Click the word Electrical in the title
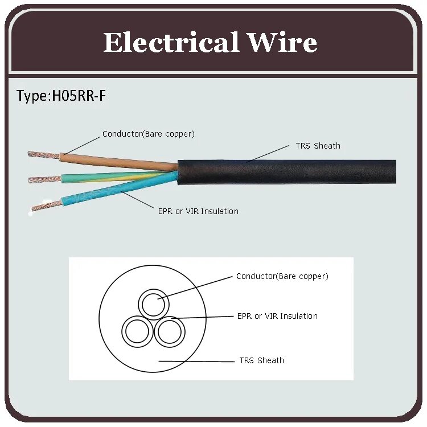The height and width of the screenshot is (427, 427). (170, 43)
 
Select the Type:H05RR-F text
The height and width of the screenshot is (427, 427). (61, 96)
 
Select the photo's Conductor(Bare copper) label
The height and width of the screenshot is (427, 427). (148, 134)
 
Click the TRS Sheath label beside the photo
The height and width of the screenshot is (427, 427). (318, 146)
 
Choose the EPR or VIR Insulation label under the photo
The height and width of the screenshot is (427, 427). (198, 211)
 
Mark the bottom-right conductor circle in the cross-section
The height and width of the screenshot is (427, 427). (170, 331)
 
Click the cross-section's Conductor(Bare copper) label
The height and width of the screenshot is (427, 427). (282, 276)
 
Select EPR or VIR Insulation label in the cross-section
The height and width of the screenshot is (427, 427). (277, 316)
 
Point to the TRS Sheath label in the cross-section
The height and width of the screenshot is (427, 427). (261, 360)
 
